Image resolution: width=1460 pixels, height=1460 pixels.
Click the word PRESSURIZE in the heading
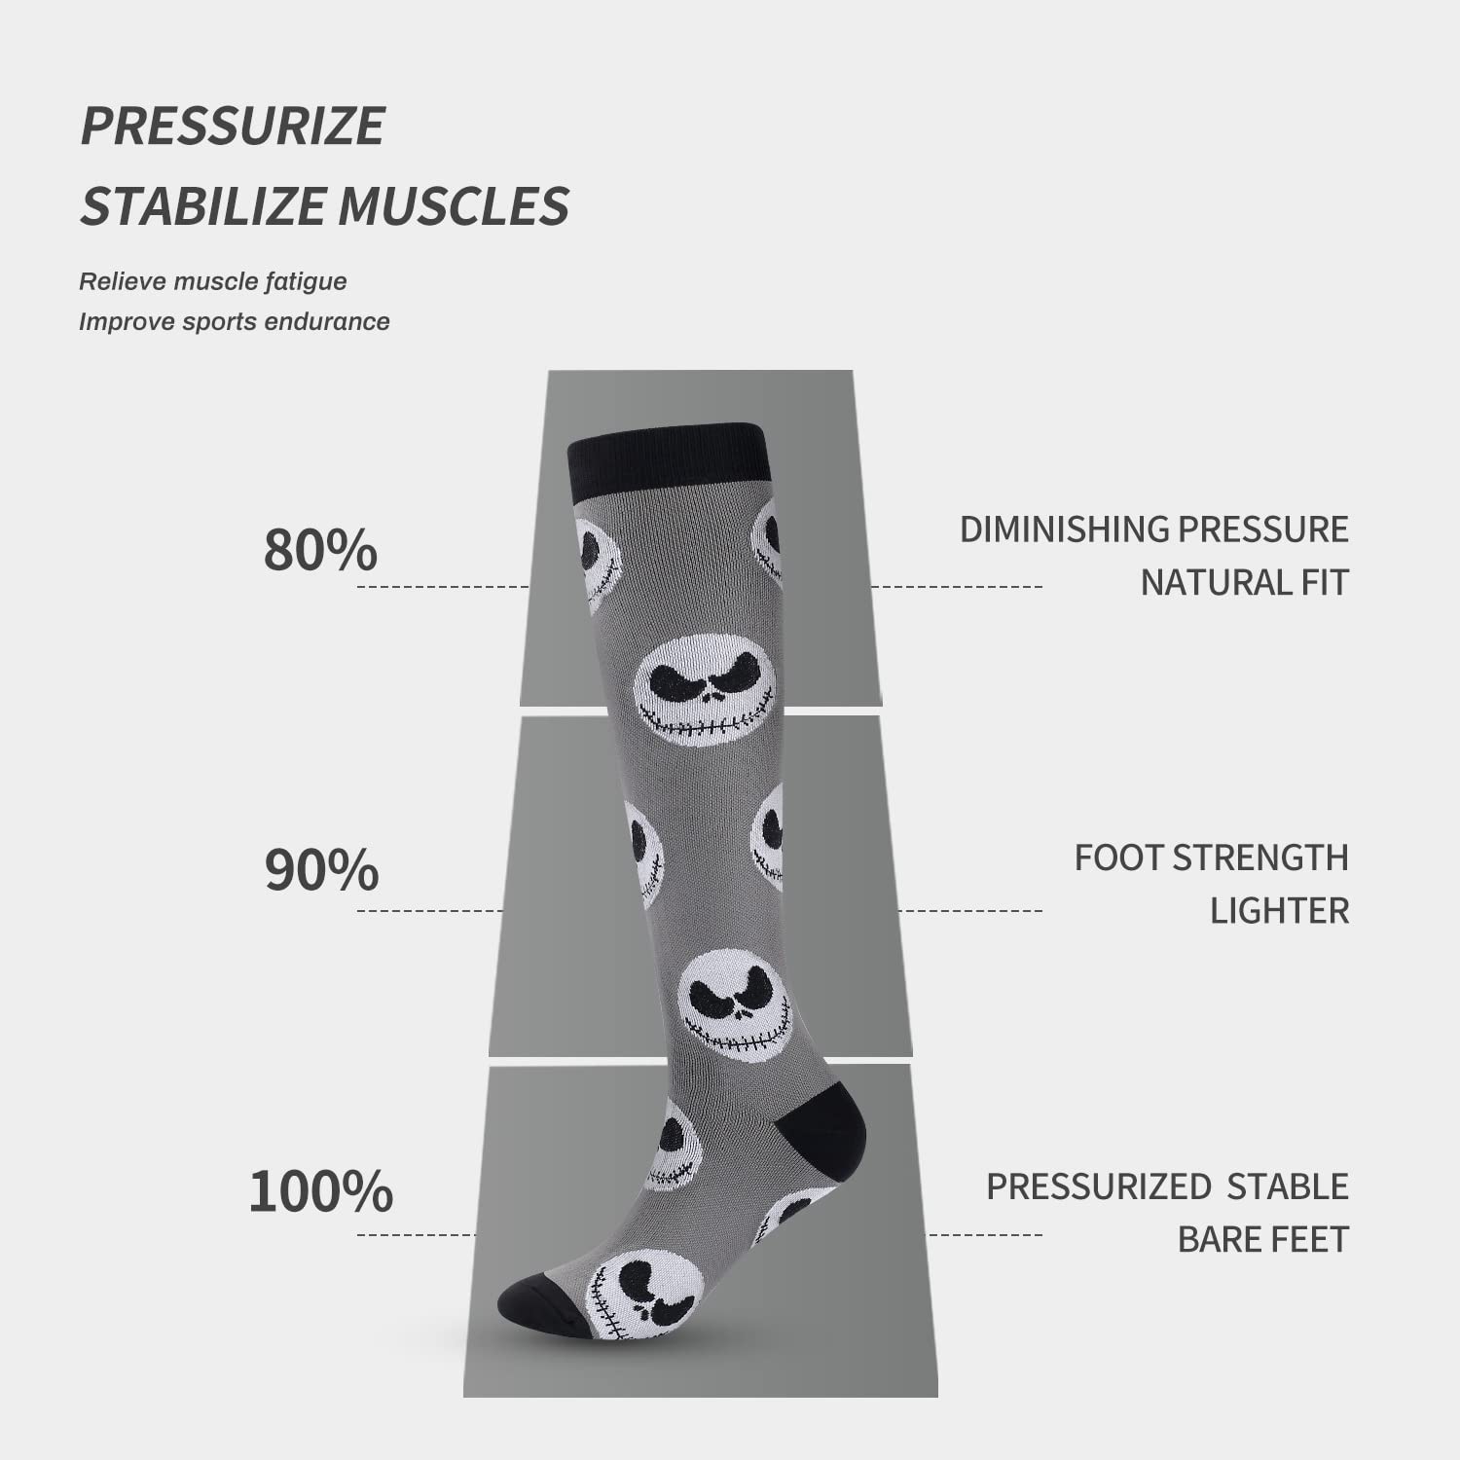[x=233, y=126]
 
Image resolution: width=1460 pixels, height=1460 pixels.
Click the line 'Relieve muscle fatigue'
[x=213, y=281]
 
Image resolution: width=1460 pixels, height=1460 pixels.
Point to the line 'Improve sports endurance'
[x=235, y=321]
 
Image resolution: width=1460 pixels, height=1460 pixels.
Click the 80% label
[x=320, y=550]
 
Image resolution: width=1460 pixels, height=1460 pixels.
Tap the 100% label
[x=321, y=1190]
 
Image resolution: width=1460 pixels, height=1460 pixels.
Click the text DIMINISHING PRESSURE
[x=1154, y=529]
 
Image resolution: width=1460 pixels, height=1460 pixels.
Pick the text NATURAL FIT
[x=1245, y=582]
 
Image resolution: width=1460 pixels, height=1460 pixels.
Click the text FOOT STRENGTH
[x=1212, y=858]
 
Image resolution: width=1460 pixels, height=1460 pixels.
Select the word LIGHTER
[x=1280, y=911]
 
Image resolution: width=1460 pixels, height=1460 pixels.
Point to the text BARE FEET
[x=1263, y=1239]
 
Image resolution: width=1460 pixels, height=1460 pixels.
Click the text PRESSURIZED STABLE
[x=1168, y=1186]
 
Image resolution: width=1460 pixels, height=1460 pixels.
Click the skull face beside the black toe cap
[x=645, y=1295]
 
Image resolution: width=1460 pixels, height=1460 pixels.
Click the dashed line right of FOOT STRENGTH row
[x=969, y=911]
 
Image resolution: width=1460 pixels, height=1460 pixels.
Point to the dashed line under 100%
[x=417, y=1235]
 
